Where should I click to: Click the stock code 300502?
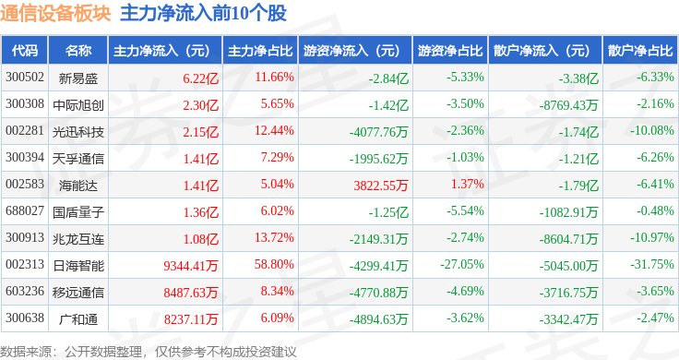24,77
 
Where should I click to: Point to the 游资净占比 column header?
449,50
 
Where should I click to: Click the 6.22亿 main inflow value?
200,77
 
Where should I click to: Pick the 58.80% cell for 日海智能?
274,265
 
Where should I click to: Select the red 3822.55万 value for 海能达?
380,185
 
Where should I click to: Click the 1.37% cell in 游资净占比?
468,185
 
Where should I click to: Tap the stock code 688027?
24,211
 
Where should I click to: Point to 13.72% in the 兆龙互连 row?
274,238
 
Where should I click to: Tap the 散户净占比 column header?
640,50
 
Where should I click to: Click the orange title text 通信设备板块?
55,14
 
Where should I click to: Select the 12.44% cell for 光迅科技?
274,130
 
